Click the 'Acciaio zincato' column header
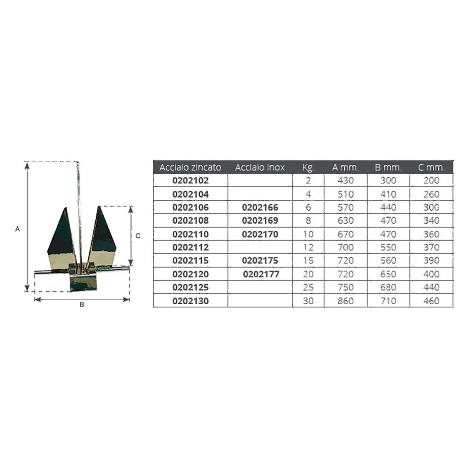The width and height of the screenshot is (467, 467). point(191,167)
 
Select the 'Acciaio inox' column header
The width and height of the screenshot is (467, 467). point(260,167)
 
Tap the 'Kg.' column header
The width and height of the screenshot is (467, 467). point(308,168)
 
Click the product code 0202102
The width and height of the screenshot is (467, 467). point(191,180)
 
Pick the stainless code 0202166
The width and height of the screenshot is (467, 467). point(260,208)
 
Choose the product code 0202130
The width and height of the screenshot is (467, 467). point(191,301)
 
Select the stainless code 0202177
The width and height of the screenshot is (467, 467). point(261,274)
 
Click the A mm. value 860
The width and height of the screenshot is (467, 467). point(346,301)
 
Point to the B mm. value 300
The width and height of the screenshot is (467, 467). point(388,180)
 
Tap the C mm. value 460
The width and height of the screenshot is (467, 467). point(431,301)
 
